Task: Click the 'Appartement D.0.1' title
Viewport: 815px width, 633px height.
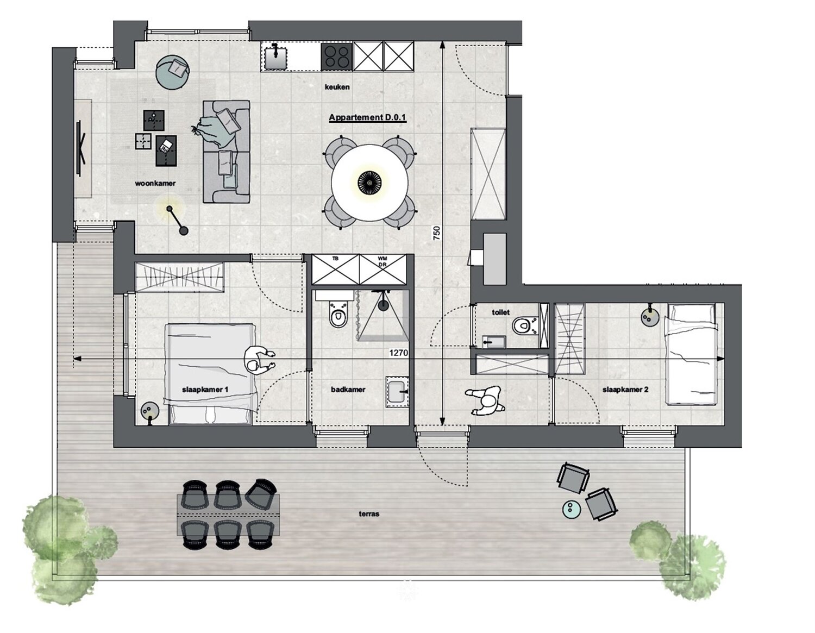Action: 367,117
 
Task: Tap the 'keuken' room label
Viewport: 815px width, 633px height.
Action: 337,87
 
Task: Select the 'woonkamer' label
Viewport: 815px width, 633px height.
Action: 155,183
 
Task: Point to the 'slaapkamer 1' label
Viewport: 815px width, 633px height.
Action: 205,390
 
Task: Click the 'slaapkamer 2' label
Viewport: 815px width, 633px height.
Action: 625,390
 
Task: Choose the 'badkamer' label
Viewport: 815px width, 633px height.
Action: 348,390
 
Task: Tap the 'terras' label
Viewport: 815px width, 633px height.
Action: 369,514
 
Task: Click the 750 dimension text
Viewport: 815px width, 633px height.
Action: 436,233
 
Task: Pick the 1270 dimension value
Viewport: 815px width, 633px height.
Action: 398,353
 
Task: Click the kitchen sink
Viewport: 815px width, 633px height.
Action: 275,57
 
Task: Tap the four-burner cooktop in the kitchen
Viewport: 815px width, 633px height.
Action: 337,57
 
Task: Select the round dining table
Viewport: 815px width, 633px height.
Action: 369,183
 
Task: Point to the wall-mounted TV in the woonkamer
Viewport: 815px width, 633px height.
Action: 80,148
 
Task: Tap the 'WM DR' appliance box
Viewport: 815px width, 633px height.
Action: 383,270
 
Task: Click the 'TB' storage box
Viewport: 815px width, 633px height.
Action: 336,270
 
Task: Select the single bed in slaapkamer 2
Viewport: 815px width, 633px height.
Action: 691,354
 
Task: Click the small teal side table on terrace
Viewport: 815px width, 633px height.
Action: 572,509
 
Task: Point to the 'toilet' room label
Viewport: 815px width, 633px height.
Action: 501,312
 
